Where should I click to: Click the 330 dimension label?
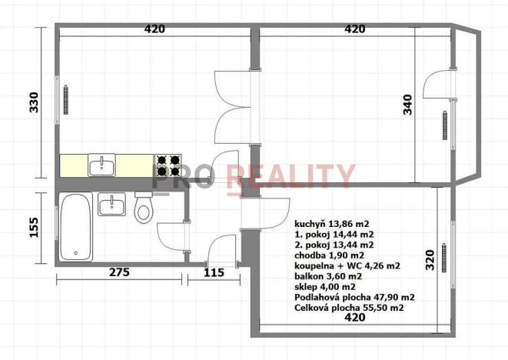[x=34, y=102]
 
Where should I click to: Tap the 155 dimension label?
[x=34, y=228]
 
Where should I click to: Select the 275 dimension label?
[x=119, y=272]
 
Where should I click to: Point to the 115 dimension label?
[x=214, y=272]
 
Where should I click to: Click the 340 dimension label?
[x=407, y=105]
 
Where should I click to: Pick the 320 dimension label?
[x=430, y=260]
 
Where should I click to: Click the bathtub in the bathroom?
[x=75, y=227]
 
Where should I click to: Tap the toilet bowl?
[x=144, y=208]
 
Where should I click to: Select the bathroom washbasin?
[x=111, y=205]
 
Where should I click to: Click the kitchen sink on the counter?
[x=101, y=165]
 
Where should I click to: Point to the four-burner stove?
[x=168, y=165]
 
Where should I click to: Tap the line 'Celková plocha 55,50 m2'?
[x=349, y=308]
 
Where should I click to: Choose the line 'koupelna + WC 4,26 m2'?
[x=347, y=266]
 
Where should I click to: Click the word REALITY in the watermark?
[x=291, y=176]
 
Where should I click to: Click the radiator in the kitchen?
[x=66, y=100]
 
